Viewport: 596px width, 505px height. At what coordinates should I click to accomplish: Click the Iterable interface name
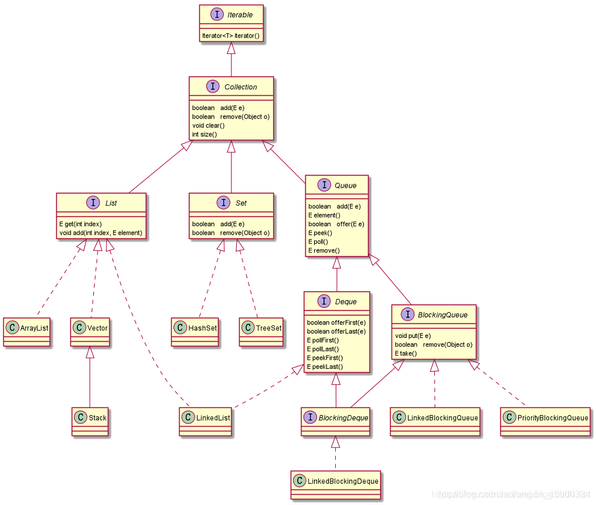(240, 15)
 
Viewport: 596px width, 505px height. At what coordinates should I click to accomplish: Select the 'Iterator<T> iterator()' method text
(231, 35)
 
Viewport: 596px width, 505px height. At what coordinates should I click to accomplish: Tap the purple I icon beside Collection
(213, 87)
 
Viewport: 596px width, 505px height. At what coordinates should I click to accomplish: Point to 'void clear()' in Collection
(209, 126)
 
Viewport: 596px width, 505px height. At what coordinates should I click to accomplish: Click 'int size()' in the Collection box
(205, 134)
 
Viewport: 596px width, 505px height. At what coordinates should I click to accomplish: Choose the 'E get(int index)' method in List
(80, 223)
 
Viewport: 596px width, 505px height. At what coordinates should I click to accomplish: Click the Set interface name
(241, 203)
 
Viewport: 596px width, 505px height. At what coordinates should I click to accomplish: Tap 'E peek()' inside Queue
(320, 233)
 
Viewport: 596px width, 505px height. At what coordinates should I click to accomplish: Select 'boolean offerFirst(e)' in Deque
(336, 323)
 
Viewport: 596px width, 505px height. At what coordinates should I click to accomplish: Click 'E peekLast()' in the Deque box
(325, 367)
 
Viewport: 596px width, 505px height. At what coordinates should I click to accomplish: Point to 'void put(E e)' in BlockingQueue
(413, 335)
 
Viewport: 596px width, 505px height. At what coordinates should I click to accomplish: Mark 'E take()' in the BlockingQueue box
(406, 353)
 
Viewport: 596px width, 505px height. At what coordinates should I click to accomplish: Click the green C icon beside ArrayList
(13, 327)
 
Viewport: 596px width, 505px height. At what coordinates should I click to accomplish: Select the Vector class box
(90, 332)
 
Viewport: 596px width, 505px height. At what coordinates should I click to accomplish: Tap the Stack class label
(98, 418)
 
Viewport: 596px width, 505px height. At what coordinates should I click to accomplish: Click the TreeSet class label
(268, 328)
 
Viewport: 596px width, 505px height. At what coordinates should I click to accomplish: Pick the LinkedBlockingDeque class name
(343, 481)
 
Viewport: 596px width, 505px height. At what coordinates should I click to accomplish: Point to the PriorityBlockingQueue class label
(552, 418)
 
